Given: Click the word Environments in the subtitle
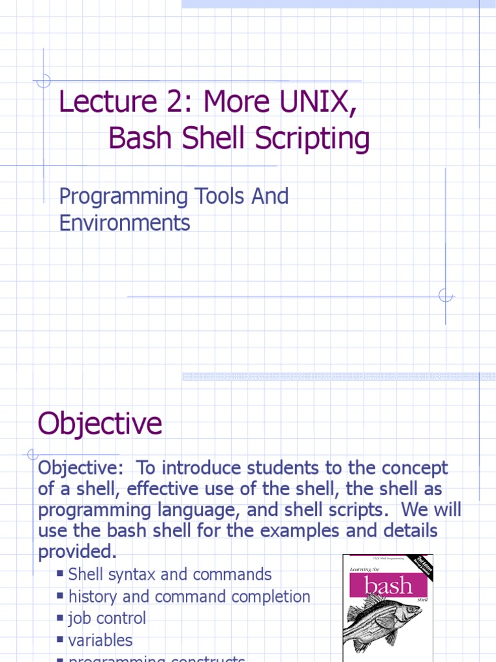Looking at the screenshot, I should coord(125,223).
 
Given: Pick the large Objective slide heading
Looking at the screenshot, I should coord(100,424).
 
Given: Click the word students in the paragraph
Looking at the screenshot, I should coord(261,467).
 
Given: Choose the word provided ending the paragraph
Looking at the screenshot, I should coord(77,552).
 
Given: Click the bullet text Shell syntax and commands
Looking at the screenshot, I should coord(170,574).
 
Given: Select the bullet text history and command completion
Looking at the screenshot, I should coord(189,596).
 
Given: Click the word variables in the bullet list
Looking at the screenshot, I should coord(100,640).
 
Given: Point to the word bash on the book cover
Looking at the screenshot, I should coord(387,586).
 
